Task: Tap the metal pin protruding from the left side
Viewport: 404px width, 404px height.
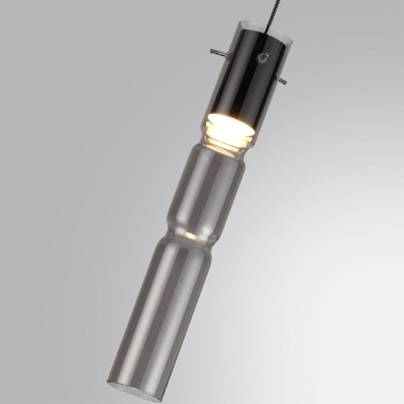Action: (x=216, y=52)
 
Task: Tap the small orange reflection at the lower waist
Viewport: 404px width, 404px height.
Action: (x=191, y=236)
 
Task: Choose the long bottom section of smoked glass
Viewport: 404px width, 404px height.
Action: (x=158, y=310)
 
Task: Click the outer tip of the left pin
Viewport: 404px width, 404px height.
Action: (x=211, y=50)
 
